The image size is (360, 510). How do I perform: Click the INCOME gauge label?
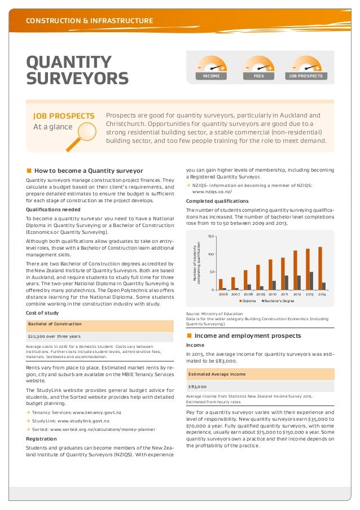click(x=211, y=75)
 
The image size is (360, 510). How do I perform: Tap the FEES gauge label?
click(x=260, y=75)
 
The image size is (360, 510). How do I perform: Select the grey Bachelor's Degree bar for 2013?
click(x=311, y=281)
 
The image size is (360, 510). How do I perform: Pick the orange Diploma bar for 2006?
click(x=221, y=284)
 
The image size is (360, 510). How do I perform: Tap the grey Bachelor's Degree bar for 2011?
click(x=287, y=282)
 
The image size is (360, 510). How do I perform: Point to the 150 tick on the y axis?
click(x=211, y=237)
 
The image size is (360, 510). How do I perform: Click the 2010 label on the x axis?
click(x=272, y=294)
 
